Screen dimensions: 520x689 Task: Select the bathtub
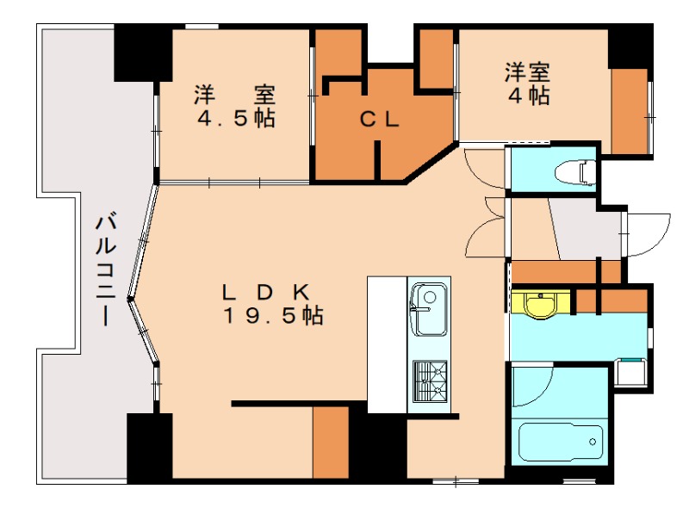pyautogui.click(x=564, y=444)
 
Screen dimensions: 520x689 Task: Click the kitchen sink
pyautogui.click(x=427, y=307)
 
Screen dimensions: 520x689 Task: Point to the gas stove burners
pyautogui.click(x=431, y=381)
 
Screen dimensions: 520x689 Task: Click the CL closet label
pyautogui.click(x=379, y=121)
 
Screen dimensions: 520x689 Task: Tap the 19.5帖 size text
pyautogui.click(x=273, y=316)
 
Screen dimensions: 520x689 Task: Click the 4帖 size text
pyautogui.click(x=528, y=96)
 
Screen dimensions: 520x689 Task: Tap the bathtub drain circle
pyautogui.click(x=593, y=443)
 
